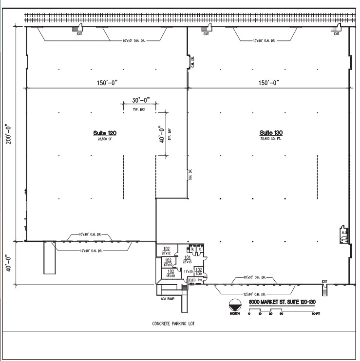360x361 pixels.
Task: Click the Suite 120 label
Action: [x=105, y=133]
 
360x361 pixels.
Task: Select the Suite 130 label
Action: [x=271, y=133]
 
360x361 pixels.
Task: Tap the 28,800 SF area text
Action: [x=105, y=139]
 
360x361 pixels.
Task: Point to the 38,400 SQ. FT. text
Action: [x=271, y=139]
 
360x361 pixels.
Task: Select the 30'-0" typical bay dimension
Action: [x=139, y=101]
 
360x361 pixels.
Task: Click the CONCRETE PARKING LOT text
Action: [x=173, y=324]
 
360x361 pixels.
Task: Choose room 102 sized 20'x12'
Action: [x=166, y=251]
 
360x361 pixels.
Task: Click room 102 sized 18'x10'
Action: [x=171, y=273]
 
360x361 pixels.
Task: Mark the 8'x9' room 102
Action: [x=198, y=271]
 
